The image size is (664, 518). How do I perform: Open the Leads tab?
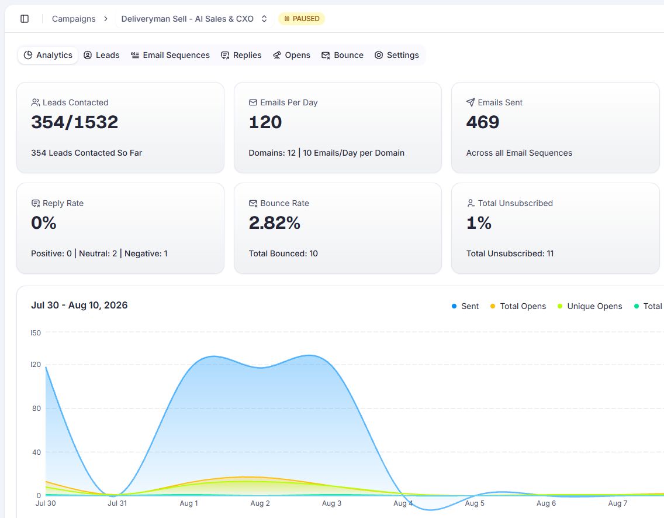[x=102, y=55]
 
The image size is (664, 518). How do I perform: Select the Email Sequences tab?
[x=170, y=55]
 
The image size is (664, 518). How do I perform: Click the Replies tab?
[x=241, y=55]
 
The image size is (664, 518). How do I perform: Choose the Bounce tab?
[x=343, y=55]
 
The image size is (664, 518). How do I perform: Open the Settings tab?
[x=397, y=55]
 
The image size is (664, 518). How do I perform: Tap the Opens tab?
[x=292, y=55]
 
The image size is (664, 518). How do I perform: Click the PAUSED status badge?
[x=302, y=19]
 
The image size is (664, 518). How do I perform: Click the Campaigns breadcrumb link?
[x=74, y=19]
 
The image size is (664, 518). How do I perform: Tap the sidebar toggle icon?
[x=25, y=19]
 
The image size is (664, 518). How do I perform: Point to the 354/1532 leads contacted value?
[x=75, y=122]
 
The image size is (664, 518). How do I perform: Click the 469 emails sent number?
[x=483, y=122]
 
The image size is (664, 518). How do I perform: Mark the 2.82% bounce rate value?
[x=274, y=223]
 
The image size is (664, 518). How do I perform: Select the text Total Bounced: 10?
[x=283, y=253]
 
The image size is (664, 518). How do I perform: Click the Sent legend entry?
[x=465, y=306]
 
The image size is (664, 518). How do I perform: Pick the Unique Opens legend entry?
[x=590, y=306]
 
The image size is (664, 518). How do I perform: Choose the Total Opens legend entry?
[x=518, y=306]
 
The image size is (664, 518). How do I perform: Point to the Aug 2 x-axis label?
[x=260, y=503]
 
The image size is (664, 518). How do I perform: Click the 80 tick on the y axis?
[x=36, y=408]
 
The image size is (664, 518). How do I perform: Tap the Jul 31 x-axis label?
[x=117, y=503]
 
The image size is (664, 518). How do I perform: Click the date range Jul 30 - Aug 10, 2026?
[x=79, y=305]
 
